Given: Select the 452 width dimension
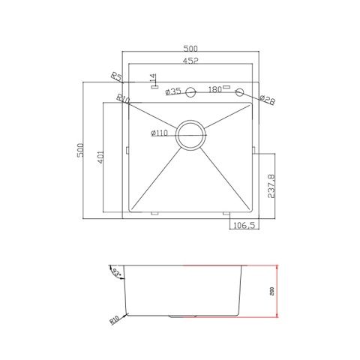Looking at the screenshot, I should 191,63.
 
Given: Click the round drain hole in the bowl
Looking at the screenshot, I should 190,135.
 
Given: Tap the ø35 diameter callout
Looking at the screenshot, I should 173,91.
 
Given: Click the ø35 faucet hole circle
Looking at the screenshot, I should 191,92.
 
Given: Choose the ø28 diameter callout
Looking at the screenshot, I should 267,98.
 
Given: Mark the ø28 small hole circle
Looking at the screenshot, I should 240,92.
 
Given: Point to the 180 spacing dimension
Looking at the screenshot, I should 215,90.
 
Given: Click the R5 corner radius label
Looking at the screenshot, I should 115,76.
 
